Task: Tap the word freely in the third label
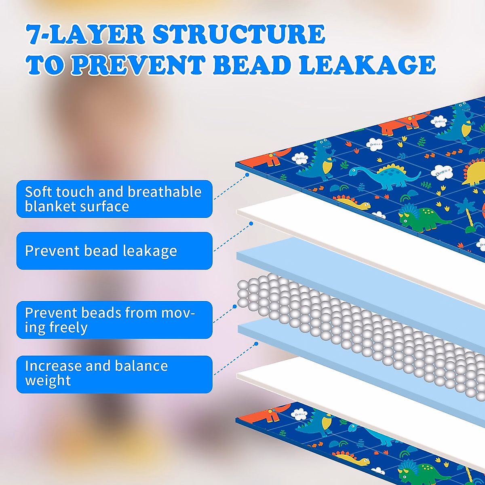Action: [68, 327]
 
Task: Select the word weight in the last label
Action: [48, 380]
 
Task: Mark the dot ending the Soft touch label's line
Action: [247, 175]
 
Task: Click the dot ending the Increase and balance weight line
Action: [256, 344]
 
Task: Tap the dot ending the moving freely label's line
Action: [235, 307]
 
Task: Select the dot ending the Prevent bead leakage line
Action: [251, 224]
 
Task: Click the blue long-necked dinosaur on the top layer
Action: [384, 176]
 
